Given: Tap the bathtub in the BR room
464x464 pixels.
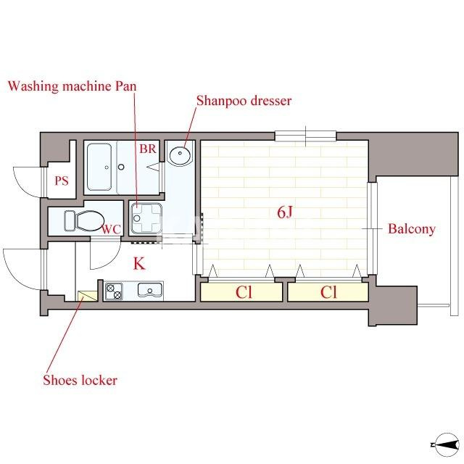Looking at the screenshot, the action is click(x=99, y=167).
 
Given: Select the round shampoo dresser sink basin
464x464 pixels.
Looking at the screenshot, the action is click(x=180, y=154).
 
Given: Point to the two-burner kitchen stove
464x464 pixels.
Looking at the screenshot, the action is click(x=114, y=291).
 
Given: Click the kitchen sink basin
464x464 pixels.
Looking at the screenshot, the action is click(x=150, y=290).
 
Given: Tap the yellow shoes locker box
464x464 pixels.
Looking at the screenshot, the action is click(x=87, y=296).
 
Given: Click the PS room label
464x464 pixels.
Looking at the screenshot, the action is click(x=62, y=181).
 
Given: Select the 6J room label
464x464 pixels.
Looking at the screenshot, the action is click(x=285, y=212).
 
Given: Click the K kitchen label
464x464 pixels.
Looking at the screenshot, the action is click(x=139, y=263).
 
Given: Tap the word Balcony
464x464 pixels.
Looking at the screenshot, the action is click(x=412, y=229).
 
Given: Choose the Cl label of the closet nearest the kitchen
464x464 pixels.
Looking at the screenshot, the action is click(x=244, y=292).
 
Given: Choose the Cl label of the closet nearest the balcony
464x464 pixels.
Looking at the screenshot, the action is click(x=328, y=292).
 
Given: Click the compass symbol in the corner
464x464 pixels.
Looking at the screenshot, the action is click(x=446, y=444).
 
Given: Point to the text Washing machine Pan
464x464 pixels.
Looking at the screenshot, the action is click(x=72, y=86).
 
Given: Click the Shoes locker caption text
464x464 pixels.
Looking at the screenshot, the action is click(x=80, y=380).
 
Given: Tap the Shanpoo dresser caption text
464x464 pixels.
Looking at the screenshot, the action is click(x=244, y=101).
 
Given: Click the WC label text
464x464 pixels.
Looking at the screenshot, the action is click(x=112, y=229).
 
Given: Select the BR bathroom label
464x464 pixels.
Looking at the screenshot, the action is click(x=148, y=149).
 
